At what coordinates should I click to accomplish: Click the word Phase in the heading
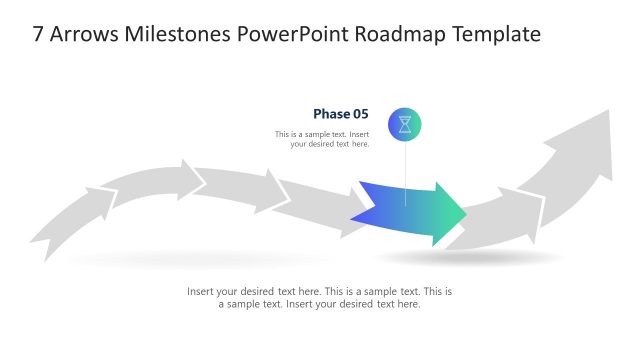[331, 114]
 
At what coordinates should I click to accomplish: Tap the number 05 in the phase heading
[360, 114]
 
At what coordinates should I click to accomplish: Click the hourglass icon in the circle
[405, 125]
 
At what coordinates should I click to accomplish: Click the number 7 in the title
[38, 34]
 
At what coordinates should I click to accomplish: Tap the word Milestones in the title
[183, 34]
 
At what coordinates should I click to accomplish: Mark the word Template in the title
[498, 34]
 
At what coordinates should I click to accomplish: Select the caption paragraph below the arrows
[320, 298]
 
